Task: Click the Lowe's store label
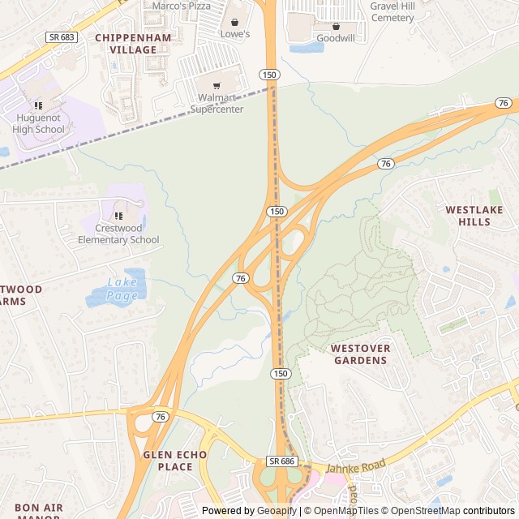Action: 235,34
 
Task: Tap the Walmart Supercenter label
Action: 217,104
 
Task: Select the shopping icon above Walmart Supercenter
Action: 217,86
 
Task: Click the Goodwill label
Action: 335,38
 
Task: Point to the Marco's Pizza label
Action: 182,6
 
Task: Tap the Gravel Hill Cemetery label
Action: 392,11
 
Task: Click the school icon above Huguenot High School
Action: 38,105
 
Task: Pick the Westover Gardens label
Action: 360,354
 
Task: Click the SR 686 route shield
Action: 281,461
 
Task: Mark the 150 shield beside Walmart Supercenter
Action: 270,75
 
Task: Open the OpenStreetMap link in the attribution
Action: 427,511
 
